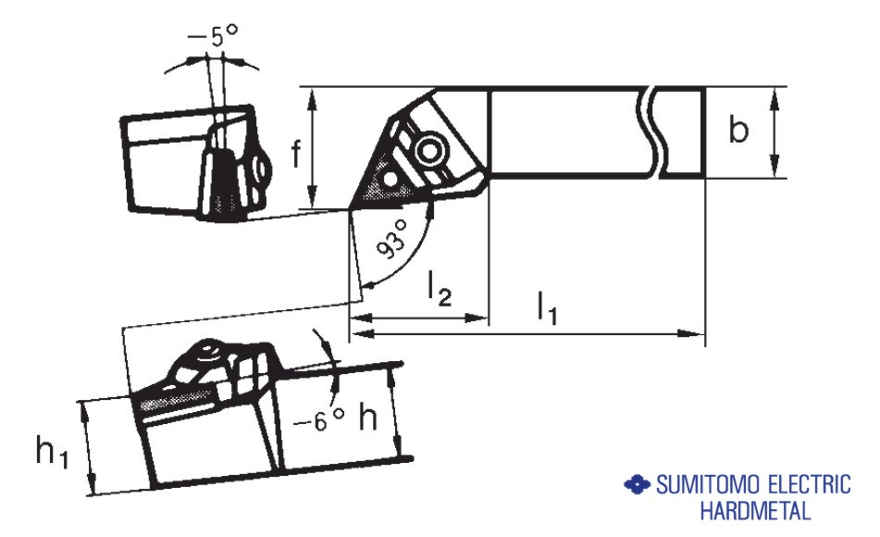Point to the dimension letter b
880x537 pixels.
[x=737, y=131]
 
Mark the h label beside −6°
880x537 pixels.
[x=368, y=418]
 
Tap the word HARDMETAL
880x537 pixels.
[x=755, y=510]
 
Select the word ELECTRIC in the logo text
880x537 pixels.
[x=804, y=485]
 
